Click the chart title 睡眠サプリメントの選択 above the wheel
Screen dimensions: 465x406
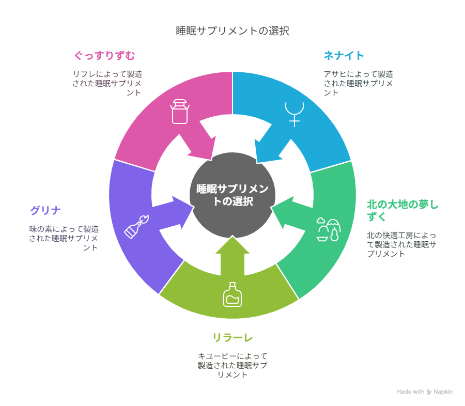point(233,31)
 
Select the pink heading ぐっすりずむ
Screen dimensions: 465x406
point(105,55)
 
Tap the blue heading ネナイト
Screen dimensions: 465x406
point(344,55)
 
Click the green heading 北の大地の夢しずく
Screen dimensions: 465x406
point(402,210)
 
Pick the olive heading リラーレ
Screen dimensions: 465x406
point(233,337)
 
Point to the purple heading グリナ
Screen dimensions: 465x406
point(45,211)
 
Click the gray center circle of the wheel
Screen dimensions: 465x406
point(233,195)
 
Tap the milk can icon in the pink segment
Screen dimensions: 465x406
point(180,112)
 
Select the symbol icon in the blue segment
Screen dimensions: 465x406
point(295,114)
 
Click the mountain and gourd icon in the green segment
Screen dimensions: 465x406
point(329,229)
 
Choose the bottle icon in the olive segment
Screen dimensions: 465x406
point(233,294)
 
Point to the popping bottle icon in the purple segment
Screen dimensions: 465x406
point(136,227)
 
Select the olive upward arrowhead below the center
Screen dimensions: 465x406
point(233,245)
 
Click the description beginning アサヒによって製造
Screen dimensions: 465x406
point(358,83)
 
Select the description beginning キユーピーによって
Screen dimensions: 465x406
point(233,365)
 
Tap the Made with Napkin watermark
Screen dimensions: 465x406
point(424,392)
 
